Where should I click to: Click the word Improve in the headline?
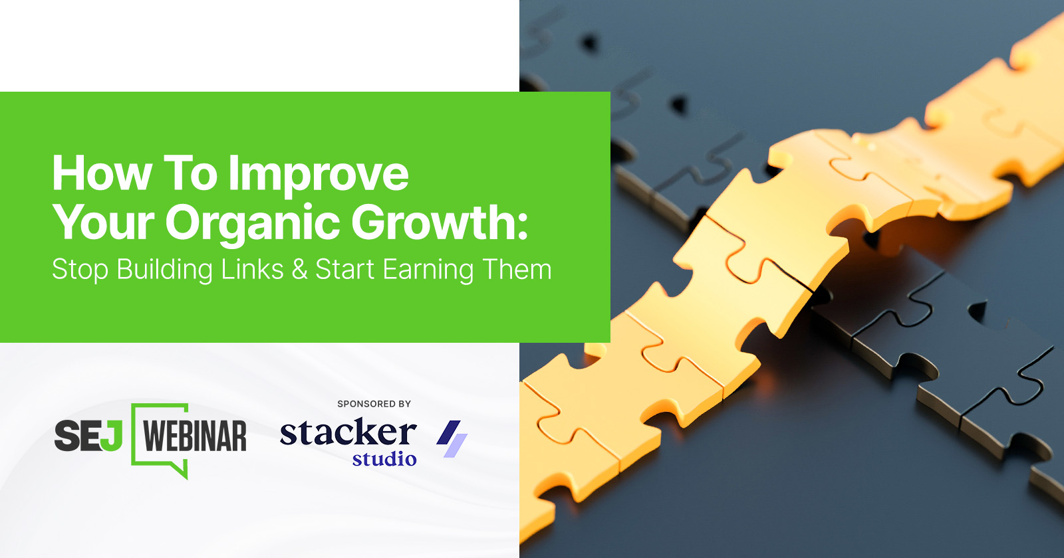pyautogui.click(x=319, y=175)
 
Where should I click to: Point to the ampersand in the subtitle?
pyautogui.click(x=300, y=270)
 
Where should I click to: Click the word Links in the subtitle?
pyautogui.click(x=252, y=269)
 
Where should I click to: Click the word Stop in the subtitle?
pyautogui.click(x=80, y=270)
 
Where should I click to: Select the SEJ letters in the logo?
pyautogui.click(x=88, y=435)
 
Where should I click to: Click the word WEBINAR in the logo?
pyautogui.click(x=195, y=436)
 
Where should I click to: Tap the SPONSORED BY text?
pyautogui.click(x=374, y=404)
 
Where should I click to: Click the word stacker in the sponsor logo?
pyautogui.click(x=348, y=432)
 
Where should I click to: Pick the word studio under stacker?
pyautogui.click(x=384, y=459)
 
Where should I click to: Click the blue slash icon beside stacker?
pyautogui.click(x=452, y=438)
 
